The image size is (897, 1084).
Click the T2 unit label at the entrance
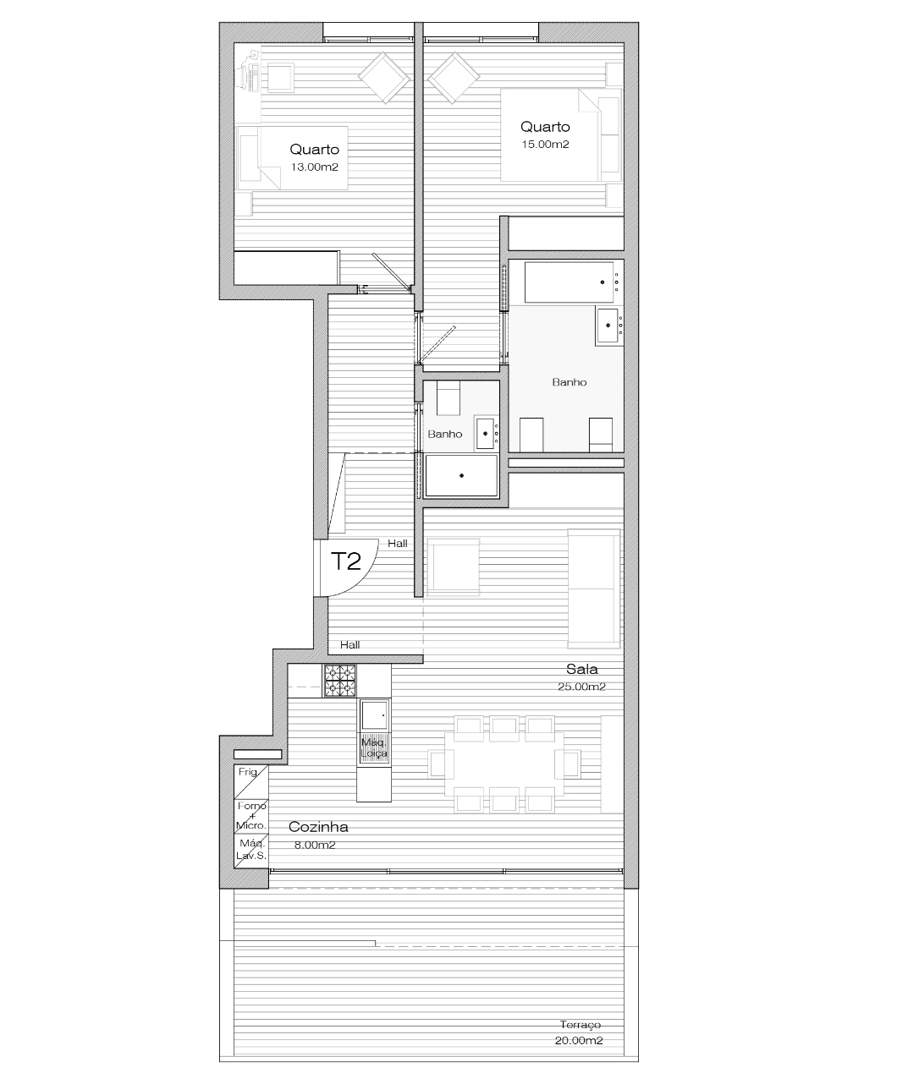point(345,561)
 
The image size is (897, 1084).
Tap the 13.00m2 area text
point(315,167)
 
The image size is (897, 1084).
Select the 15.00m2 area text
point(545,145)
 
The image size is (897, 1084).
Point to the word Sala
point(581,669)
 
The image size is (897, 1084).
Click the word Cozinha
point(318,826)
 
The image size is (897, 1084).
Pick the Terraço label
point(580,1025)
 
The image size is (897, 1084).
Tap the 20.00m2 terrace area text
point(579,1040)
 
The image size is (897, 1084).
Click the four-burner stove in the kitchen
point(340,681)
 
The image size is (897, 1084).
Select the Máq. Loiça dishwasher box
point(374,748)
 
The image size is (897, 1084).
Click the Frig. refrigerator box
point(251,781)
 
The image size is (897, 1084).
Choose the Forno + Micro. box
point(251,816)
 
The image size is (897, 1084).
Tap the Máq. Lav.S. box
point(251,851)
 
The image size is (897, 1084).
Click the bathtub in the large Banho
point(569,282)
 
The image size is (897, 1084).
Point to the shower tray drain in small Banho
point(461,475)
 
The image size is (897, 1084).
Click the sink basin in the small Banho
point(485,433)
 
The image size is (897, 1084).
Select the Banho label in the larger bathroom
point(569,382)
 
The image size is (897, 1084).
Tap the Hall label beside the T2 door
point(398,544)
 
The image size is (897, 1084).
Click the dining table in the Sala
point(504,764)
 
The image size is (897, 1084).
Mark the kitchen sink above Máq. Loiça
point(374,715)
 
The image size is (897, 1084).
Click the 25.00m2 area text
point(581,687)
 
